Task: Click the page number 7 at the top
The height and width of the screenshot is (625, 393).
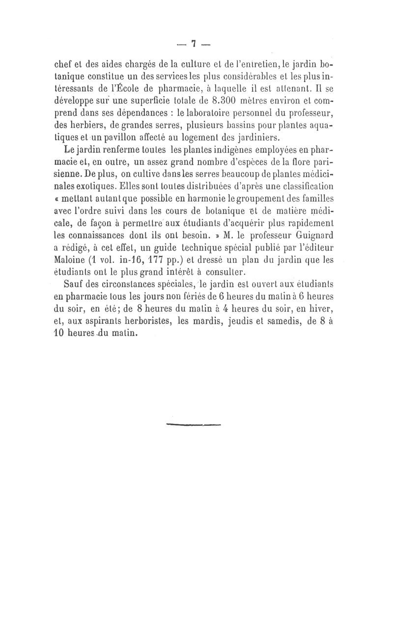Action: pos(194,44)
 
